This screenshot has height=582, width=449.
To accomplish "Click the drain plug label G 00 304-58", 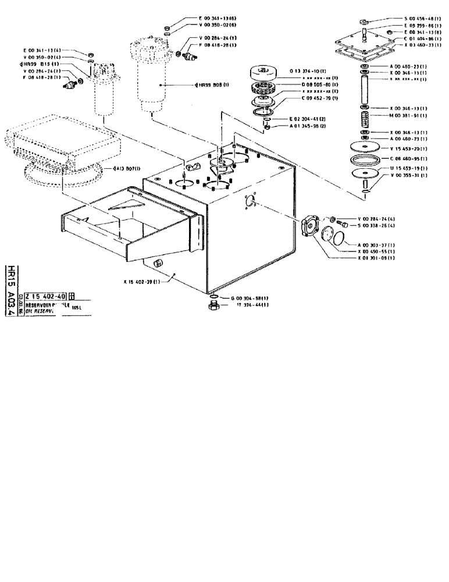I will [250, 297].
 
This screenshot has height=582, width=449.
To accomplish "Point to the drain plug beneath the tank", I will [213, 306].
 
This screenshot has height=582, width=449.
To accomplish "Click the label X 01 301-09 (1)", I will [376, 257].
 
